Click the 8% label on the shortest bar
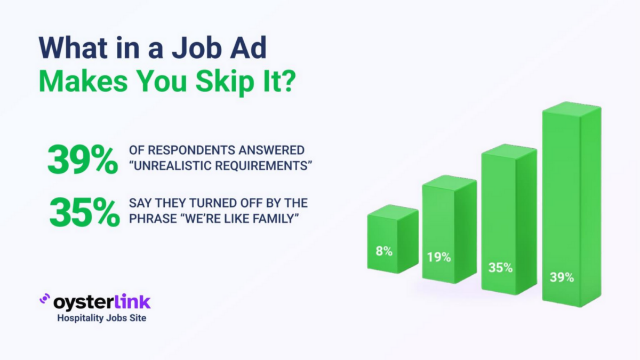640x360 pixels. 384,251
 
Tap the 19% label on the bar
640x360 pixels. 439,257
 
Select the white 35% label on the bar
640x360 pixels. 500,268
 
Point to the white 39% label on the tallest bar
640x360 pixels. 562,277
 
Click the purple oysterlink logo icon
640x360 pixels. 45,300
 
